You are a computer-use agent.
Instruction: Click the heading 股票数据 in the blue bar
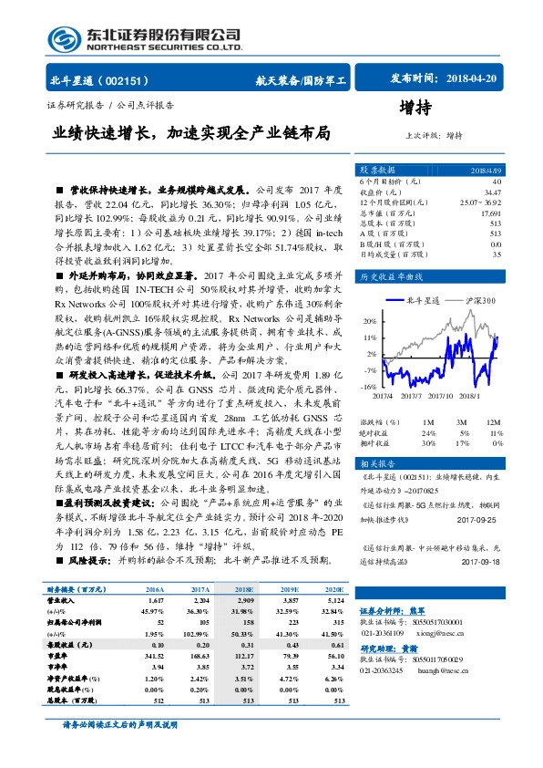click(x=378, y=171)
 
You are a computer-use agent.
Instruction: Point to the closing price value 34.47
click(x=492, y=192)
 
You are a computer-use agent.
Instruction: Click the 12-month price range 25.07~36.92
click(x=481, y=202)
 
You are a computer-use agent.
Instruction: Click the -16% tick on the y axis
click(x=367, y=387)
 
